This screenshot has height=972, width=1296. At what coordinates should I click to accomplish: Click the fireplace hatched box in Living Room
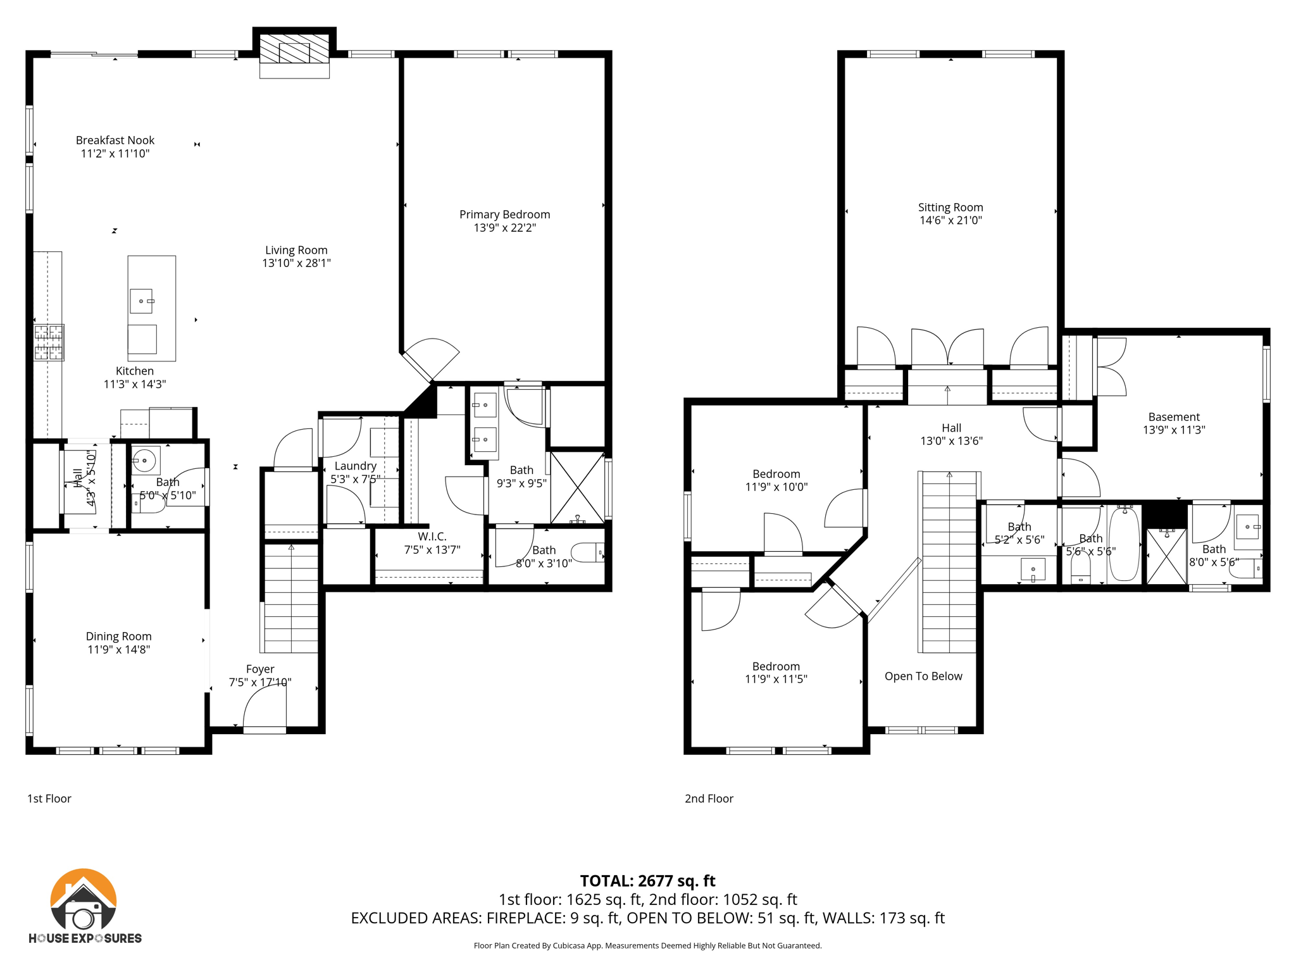[294, 49]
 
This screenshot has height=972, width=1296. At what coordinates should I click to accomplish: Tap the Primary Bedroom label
[504, 215]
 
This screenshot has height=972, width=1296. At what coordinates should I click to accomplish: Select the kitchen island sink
[142, 301]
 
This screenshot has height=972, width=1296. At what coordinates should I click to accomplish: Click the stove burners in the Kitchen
[49, 342]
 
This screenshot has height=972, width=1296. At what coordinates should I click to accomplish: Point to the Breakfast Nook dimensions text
[115, 154]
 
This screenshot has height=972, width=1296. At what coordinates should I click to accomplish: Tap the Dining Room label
[118, 636]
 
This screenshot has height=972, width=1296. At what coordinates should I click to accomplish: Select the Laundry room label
[355, 466]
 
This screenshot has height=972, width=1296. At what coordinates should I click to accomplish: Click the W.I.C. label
[432, 537]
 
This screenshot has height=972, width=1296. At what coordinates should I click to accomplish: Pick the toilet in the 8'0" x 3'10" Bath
[589, 552]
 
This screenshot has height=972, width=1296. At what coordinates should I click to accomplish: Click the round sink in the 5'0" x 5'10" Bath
[145, 460]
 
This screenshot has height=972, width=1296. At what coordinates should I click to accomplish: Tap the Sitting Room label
[950, 207]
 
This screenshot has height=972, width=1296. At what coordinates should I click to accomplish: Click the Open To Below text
[923, 676]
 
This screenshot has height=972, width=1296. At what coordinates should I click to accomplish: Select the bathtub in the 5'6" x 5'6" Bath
[1125, 544]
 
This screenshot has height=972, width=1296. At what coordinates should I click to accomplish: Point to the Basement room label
[1173, 416]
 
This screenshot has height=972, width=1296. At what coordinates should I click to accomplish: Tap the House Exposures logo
[84, 906]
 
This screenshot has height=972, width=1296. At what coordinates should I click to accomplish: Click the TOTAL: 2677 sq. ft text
[647, 880]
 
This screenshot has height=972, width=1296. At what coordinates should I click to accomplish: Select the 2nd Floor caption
[709, 799]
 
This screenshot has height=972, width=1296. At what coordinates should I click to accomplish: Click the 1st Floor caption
[49, 799]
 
